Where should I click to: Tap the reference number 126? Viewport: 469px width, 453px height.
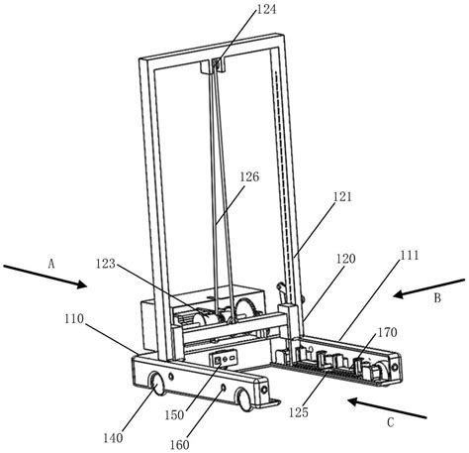tap(248, 176)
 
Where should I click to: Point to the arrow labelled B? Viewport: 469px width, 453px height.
tap(422, 288)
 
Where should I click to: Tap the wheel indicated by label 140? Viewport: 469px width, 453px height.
tap(156, 384)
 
